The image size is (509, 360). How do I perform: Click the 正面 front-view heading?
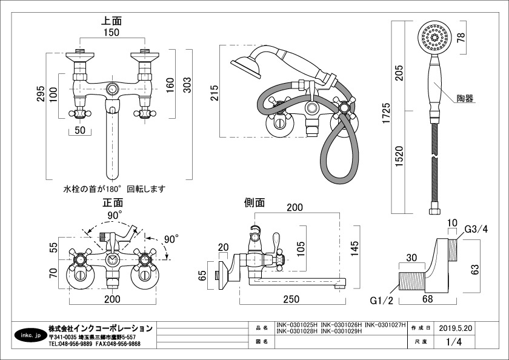click(113, 203)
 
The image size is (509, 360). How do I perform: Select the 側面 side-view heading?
click(254, 203)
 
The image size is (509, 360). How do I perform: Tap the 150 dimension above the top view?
click(110, 32)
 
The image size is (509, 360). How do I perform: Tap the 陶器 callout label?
click(466, 98)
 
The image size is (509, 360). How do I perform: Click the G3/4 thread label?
click(476, 229)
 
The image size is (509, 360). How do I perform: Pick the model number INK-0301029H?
click(341, 332)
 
